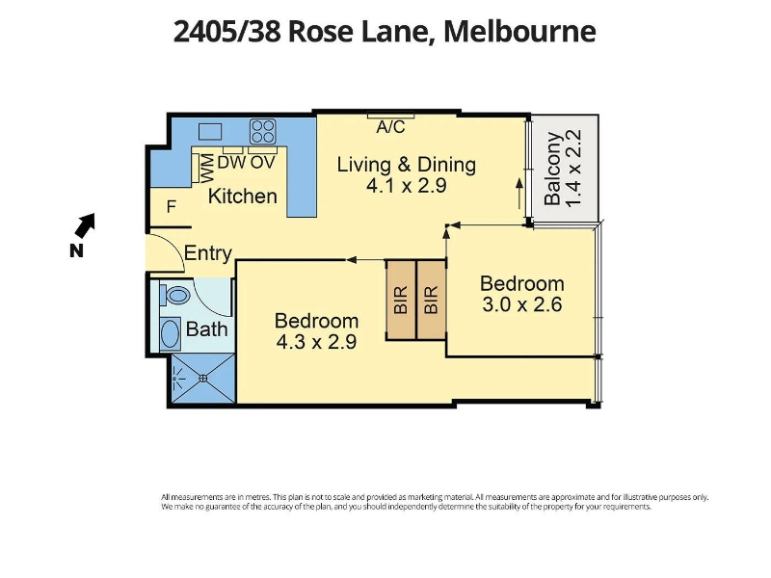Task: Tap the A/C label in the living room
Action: [x=390, y=127]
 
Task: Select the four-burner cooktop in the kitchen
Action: [x=262, y=131]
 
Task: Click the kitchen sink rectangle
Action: [x=210, y=132]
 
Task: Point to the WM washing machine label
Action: [x=207, y=168]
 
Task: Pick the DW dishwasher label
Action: [x=231, y=163]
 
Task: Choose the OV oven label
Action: [x=262, y=163]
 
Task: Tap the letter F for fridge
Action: [x=172, y=207]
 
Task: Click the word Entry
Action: [x=208, y=253]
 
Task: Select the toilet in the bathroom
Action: [x=174, y=296]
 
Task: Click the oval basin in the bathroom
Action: [x=171, y=333]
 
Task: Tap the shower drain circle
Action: [x=203, y=378]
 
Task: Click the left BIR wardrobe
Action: [x=401, y=300]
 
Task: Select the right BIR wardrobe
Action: [x=431, y=300]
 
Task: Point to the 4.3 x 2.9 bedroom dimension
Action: [x=316, y=342]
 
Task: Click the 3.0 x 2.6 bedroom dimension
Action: [x=521, y=304]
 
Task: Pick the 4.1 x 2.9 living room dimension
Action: [x=406, y=186]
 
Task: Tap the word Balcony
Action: [x=552, y=168]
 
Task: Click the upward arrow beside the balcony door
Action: [x=519, y=194]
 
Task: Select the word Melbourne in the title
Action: [x=519, y=32]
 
